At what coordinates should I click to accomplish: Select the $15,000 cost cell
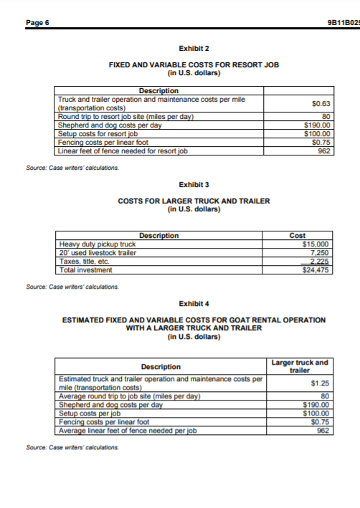[316, 244]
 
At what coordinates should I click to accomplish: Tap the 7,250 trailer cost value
[318, 252]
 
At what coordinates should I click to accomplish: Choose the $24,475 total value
[316, 270]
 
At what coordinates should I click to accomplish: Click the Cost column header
[297, 235]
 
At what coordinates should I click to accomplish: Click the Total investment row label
[85, 270]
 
